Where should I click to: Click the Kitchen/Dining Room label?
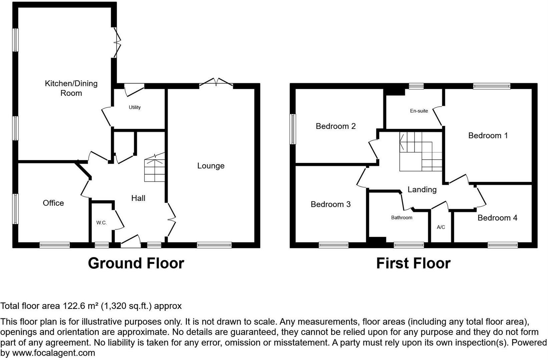point(71,88)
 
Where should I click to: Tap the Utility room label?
point(135,107)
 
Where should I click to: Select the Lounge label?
point(211,166)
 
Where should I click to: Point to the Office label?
point(53,203)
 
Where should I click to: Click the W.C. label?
point(101,223)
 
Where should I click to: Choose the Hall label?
point(138,198)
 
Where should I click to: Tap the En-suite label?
point(419,111)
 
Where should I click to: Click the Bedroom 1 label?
point(488,135)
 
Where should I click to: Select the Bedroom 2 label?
point(336,126)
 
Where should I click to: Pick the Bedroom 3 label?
point(331,204)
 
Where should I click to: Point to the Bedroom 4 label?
point(497,218)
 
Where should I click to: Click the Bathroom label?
point(402,218)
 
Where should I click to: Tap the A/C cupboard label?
point(441,227)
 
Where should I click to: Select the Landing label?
point(422,189)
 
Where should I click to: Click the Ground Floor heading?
point(136,263)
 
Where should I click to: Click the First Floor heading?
point(413,263)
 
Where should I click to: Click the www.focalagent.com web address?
point(53,353)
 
